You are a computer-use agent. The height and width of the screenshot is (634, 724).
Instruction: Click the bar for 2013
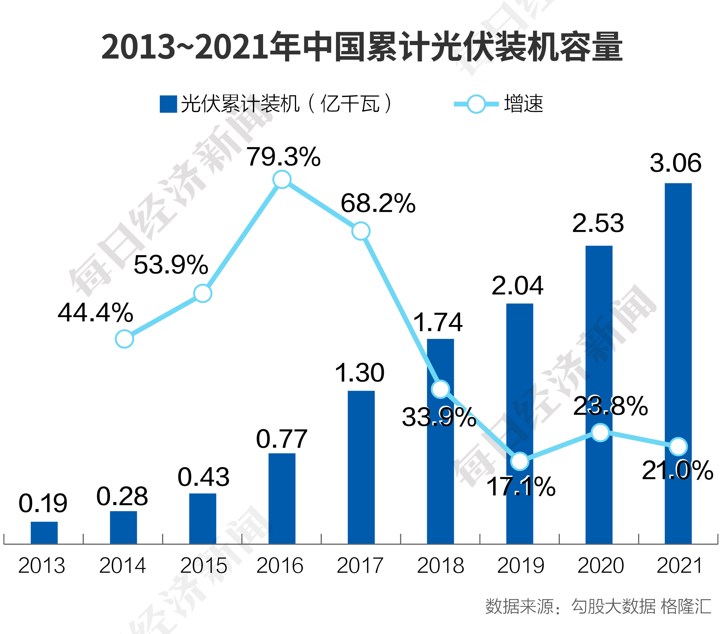pyautogui.click(x=44, y=532)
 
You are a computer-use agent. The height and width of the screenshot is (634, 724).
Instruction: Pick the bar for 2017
pyautogui.click(x=361, y=467)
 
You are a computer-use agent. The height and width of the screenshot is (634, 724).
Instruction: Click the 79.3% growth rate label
pyautogui.click(x=284, y=157)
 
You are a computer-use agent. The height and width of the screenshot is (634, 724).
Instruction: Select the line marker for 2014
pyautogui.click(x=124, y=339)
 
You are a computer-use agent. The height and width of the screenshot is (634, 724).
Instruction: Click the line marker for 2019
pyautogui.click(x=520, y=461)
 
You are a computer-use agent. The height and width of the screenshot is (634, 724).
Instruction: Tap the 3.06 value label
pyautogui.click(x=675, y=163)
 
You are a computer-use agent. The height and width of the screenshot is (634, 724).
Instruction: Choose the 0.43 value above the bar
pyautogui.click(x=203, y=477)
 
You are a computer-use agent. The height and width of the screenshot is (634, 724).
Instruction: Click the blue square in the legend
pyautogui.click(x=168, y=104)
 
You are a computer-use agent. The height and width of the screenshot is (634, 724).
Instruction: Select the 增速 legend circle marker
pyautogui.click(x=476, y=104)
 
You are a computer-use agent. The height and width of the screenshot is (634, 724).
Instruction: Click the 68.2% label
pyautogui.click(x=378, y=204)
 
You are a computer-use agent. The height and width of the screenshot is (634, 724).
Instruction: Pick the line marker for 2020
pyautogui.click(x=600, y=432)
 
